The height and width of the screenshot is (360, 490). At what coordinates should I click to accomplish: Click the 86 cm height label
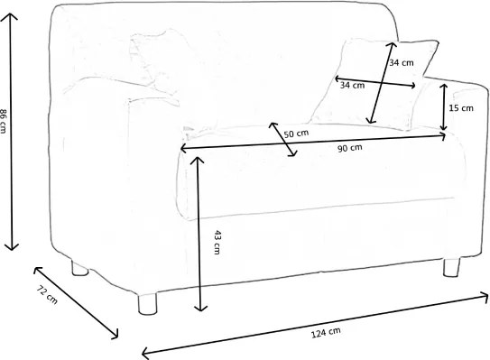[6, 121]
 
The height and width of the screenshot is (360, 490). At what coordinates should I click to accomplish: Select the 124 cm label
[328, 333]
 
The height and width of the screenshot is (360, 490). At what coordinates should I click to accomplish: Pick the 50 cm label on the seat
[295, 134]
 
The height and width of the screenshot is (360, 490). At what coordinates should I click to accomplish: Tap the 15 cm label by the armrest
[460, 108]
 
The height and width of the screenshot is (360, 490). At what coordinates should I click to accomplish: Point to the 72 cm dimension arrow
[77, 302]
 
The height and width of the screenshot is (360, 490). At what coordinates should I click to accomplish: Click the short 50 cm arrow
[283, 140]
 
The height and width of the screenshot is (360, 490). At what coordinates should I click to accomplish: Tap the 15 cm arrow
[445, 106]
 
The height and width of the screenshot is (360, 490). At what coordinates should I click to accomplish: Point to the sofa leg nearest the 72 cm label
[78, 268]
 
